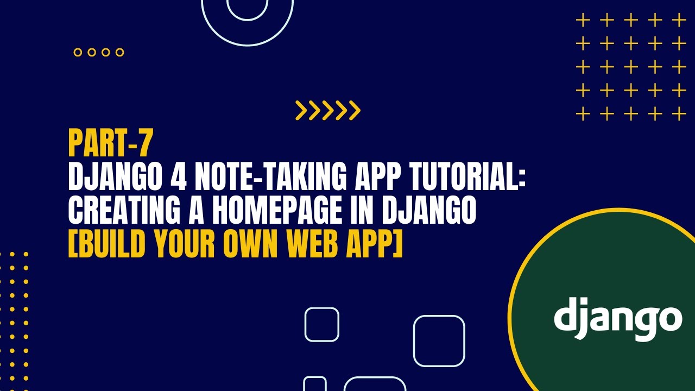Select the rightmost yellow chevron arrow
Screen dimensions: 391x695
pyautogui.click(x=355, y=110)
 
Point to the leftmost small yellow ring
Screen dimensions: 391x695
pyautogui.click(x=78, y=53)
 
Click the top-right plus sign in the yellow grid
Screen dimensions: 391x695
pyautogui.click(x=679, y=21)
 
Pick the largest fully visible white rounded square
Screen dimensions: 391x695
pyautogui.click(x=439, y=341)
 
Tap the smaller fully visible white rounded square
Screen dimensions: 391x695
pyautogui.click(x=322, y=324)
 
